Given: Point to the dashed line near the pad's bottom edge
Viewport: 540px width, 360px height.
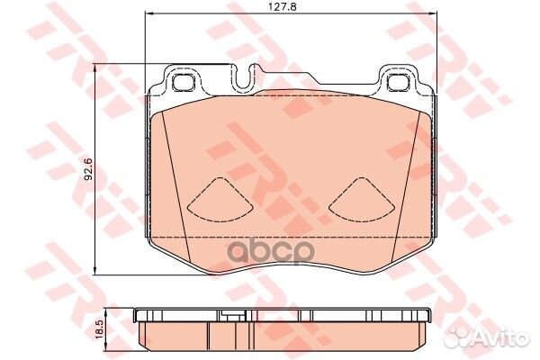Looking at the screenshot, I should [288, 236].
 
